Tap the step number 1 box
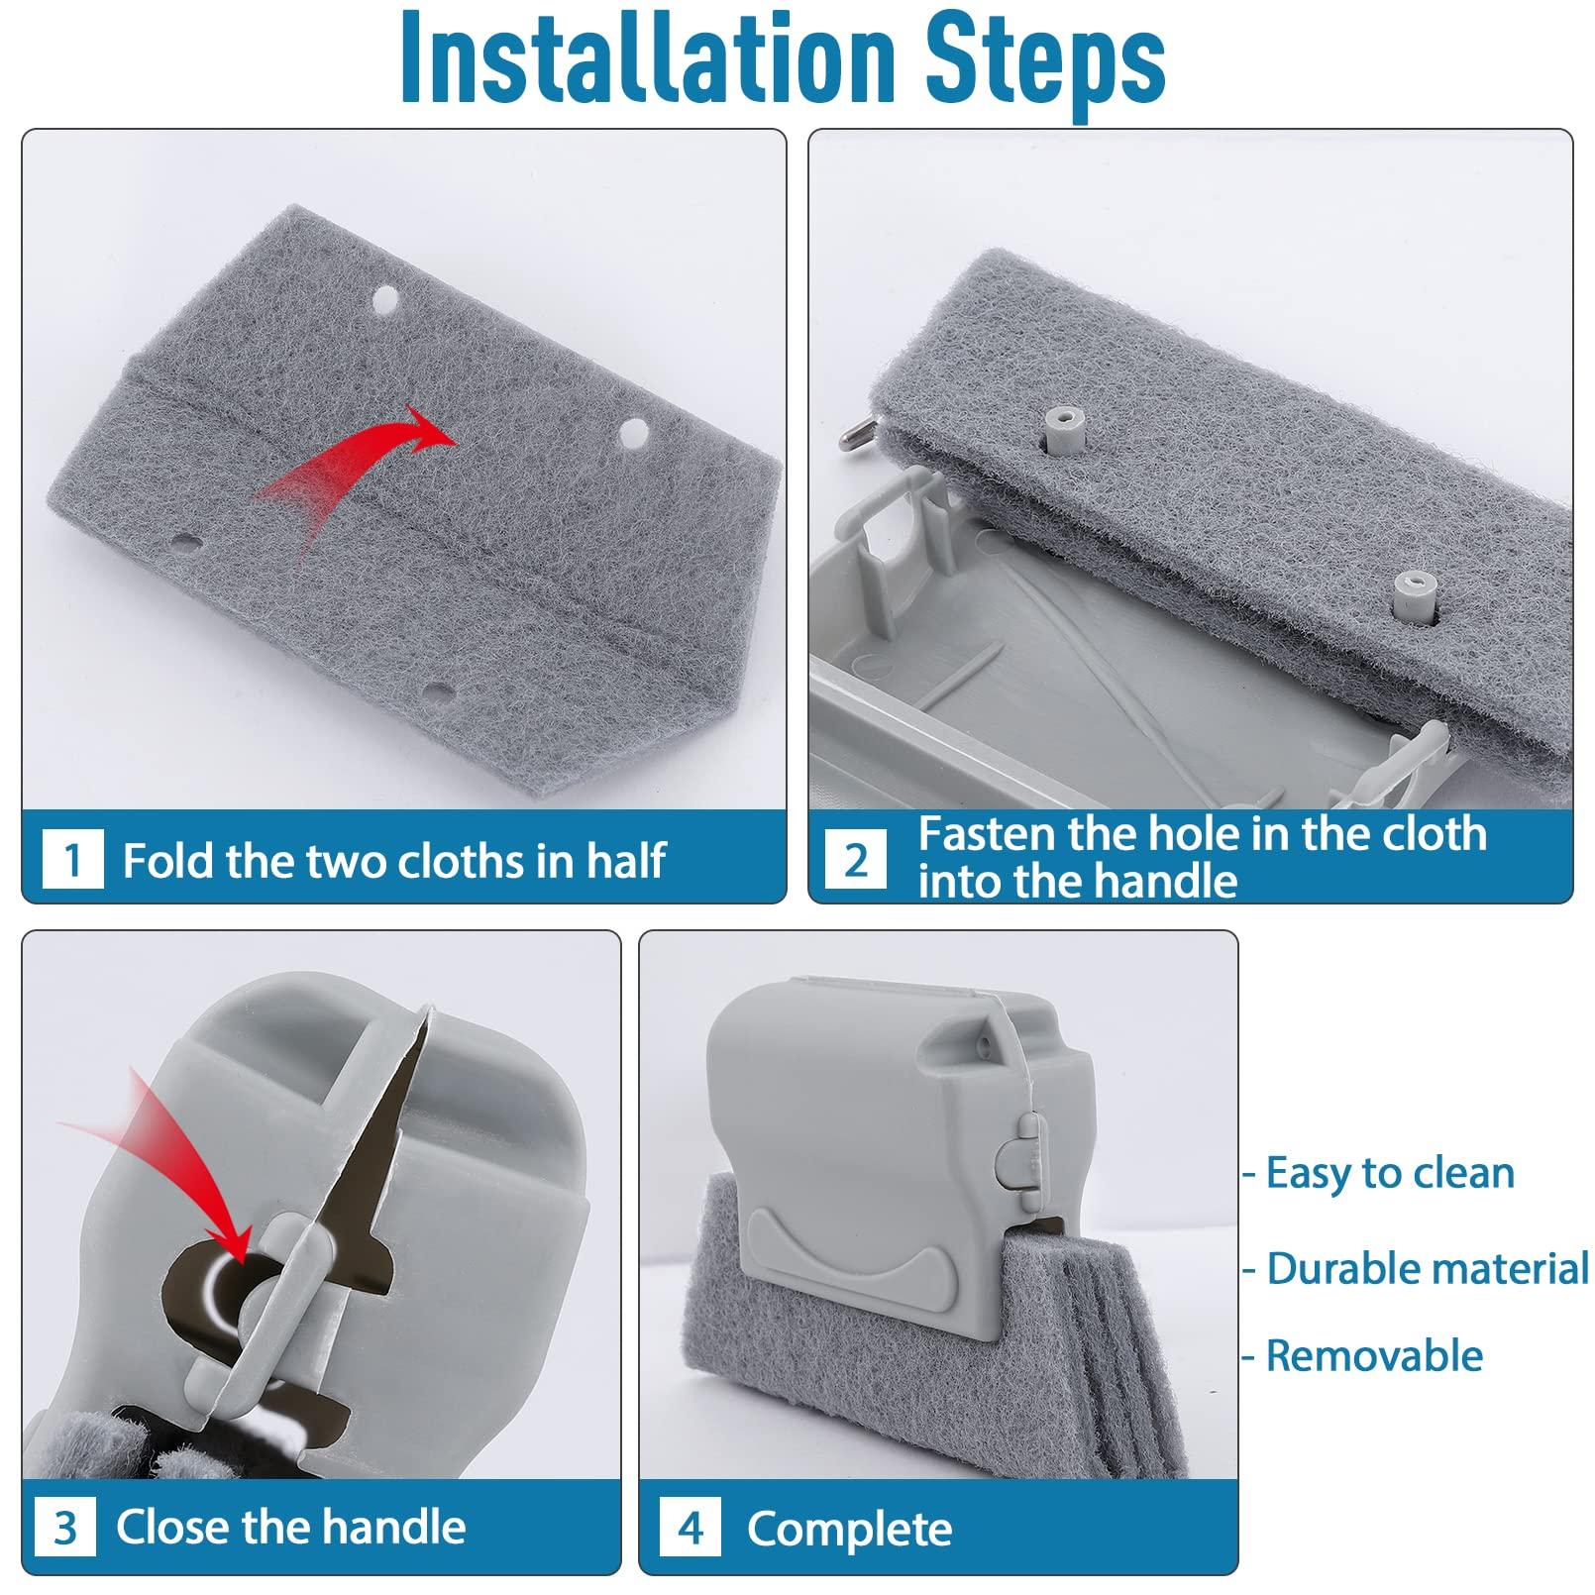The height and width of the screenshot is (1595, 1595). coord(73,859)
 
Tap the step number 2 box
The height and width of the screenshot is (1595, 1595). coord(857,859)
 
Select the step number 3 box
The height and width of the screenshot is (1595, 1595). coord(65,1527)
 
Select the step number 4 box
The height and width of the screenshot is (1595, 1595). coord(691,1527)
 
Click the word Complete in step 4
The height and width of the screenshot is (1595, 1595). coord(850,1528)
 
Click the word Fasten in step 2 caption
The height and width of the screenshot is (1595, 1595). coord(987,834)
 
